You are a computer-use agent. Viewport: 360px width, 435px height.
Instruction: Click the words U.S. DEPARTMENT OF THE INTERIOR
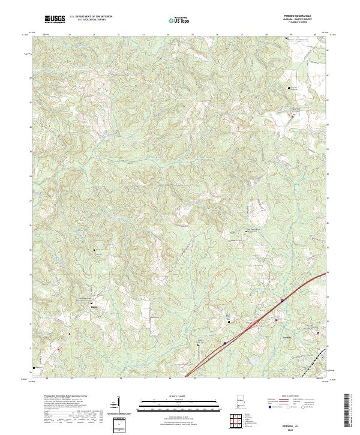pyautogui.click(x=91, y=16)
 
